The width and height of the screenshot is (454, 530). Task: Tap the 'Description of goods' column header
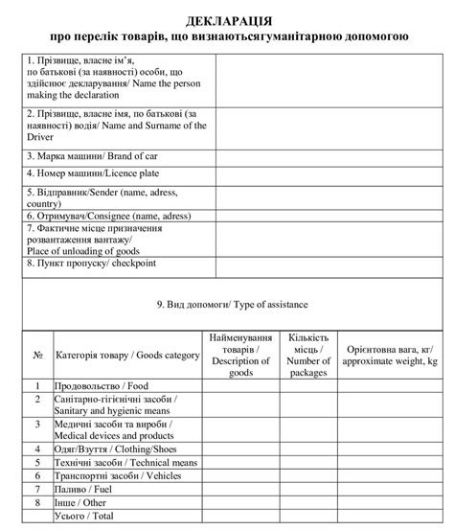[238, 355]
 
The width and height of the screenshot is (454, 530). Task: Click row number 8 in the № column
[37, 501]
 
